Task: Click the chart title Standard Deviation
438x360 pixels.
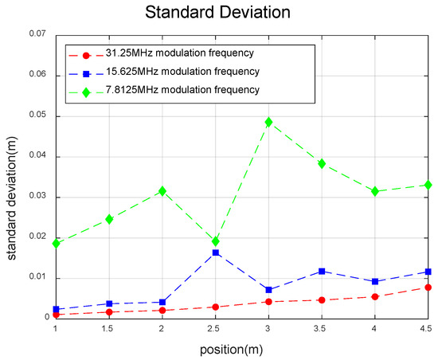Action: (x=218, y=14)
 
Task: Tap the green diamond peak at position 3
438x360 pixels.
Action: (x=268, y=122)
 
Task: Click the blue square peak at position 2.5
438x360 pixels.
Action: (x=215, y=252)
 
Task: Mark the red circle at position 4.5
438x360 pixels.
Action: (x=428, y=287)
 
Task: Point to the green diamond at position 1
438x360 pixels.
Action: (x=56, y=243)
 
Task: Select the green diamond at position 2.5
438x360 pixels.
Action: (x=215, y=241)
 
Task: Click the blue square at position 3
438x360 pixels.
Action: (x=268, y=290)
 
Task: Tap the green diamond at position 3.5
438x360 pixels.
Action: (x=322, y=163)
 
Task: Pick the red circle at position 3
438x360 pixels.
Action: (x=268, y=302)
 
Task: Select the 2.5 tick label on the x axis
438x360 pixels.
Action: (x=215, y=328)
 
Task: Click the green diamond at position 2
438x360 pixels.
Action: (x=162, y=191)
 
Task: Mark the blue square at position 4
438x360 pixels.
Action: (x=374, y=282)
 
